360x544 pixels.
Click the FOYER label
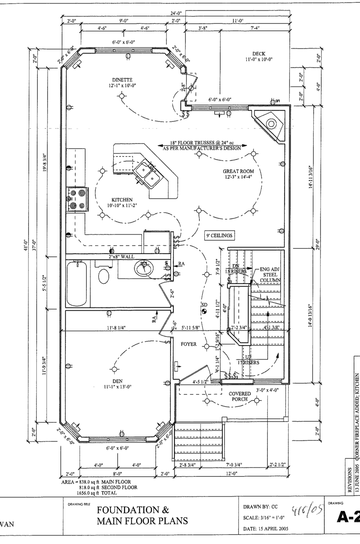coord(189,344)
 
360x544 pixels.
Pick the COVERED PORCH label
coord(239,396)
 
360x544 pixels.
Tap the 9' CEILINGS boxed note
coord(219,236)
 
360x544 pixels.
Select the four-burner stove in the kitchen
coord(77,200)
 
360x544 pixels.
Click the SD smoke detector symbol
coord(204,311)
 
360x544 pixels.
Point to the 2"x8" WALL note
coord(121,257)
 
